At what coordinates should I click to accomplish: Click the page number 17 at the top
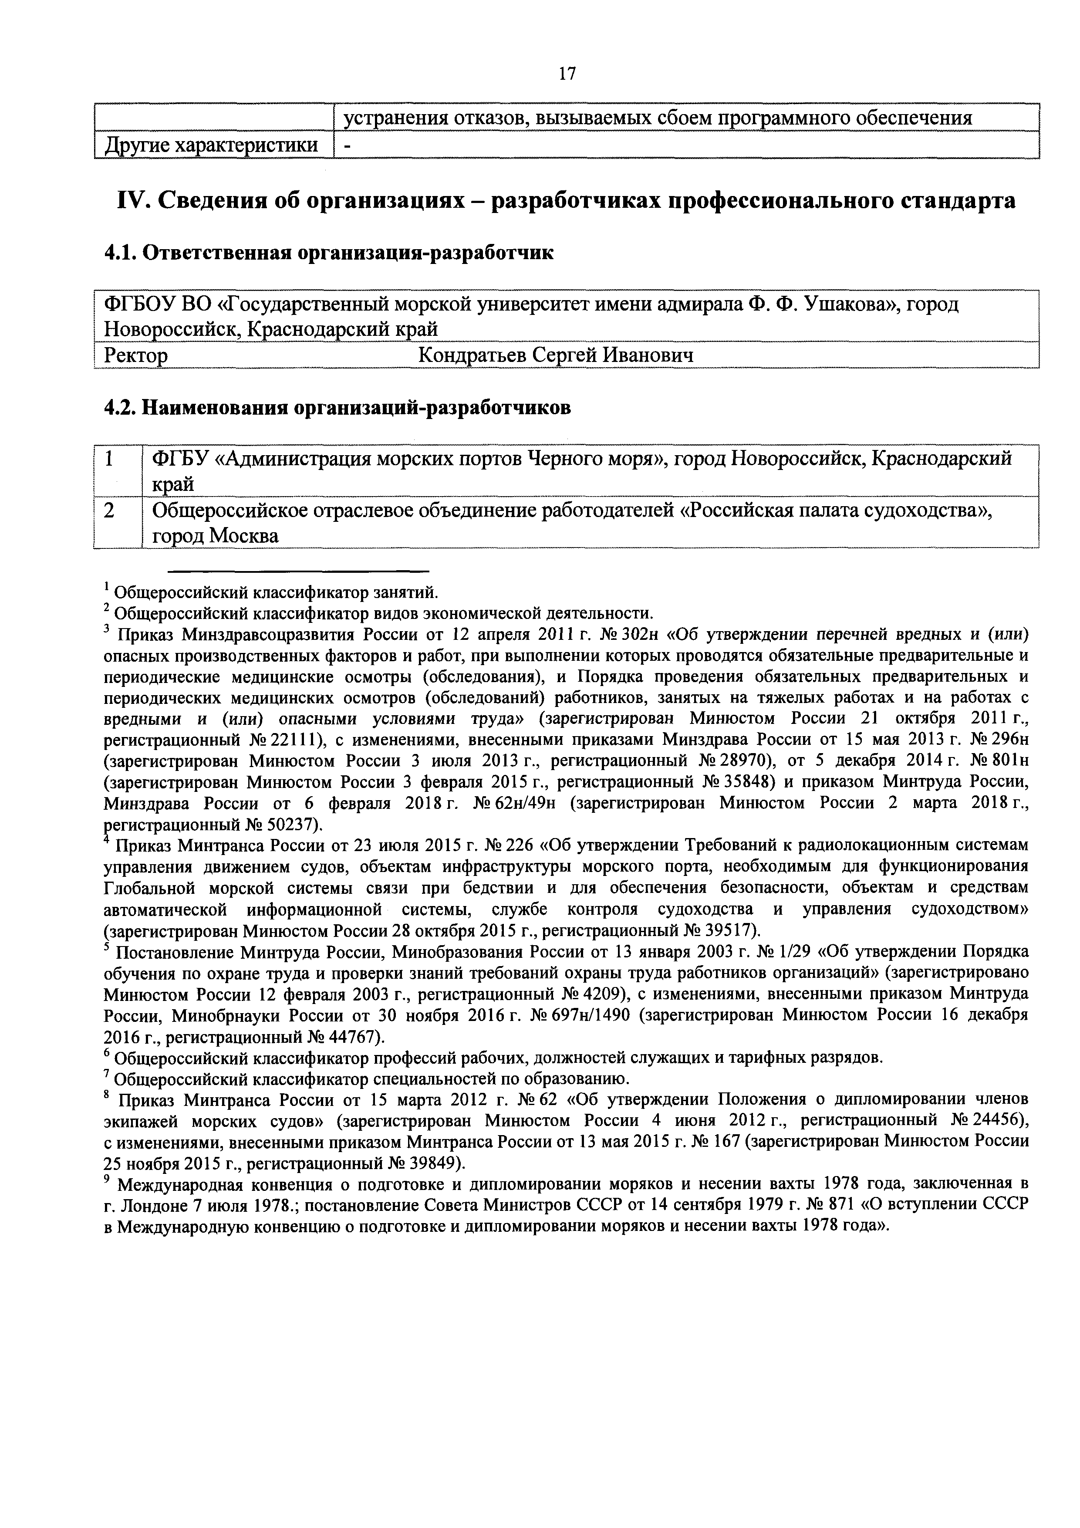pyautogui.click(x=567, y=73)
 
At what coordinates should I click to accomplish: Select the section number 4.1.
pyautogui.click(x=120, y=254)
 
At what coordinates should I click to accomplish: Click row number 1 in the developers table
pyautogui.click(x=108, y=459)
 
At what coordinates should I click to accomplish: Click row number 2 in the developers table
pyautogui.click(x=108, y=510)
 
